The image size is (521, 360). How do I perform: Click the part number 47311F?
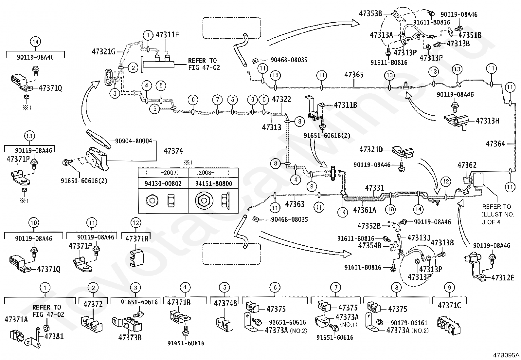[x=167, y=35]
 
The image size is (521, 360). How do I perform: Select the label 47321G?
[x=103, y=51]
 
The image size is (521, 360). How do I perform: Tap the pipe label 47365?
[x=354, y=75]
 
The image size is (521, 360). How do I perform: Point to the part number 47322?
[x=281, y=99]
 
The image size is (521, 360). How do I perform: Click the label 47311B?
[x=345, y=105]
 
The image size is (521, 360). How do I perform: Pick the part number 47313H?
[x=487, y=121]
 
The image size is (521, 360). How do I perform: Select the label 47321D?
[x=371, y=150]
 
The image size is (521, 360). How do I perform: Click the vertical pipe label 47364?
[x=495, y=143]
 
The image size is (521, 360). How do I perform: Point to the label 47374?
[x=173, y=151]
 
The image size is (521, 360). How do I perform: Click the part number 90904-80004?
[x=134, y=141]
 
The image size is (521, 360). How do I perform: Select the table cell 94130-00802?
[x=163, y=183]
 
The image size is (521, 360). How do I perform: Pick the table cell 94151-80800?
[x=214, y=183]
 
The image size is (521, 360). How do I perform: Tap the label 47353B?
[x=370, y=13]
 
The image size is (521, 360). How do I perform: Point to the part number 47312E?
[x=503, y=278]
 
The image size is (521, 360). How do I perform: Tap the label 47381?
[x=54, y=336]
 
